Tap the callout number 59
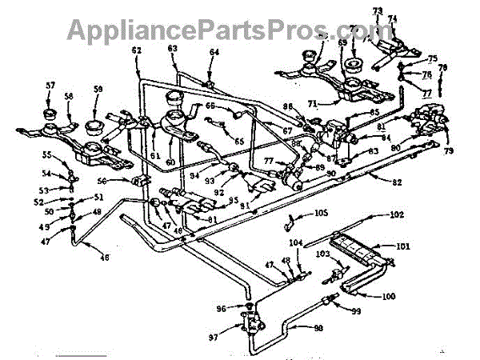point(98,89)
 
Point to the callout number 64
point(214,52)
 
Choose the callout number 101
point(402,246)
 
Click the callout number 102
point(396,214)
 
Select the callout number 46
point(104,257)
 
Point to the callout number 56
point(124,182)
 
